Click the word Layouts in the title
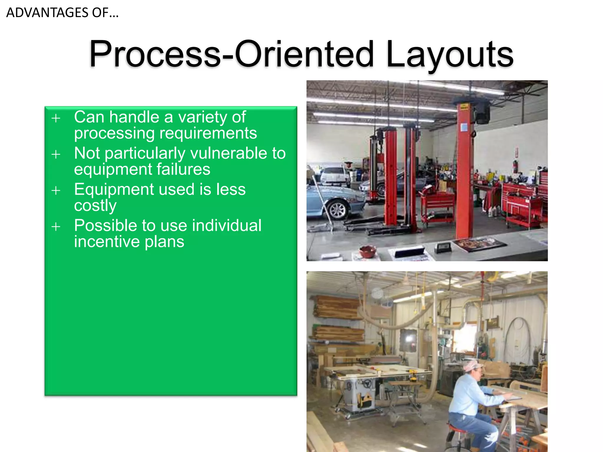pos(450,54)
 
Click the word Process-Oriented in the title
pos(231,54)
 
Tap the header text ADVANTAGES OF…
pos(62,13)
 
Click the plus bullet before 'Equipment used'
pos(56,191)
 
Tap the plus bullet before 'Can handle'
pos(56,118)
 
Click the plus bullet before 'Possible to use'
pos(56,227)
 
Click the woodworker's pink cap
pos(473,366)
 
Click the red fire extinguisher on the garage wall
pos(515,167)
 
